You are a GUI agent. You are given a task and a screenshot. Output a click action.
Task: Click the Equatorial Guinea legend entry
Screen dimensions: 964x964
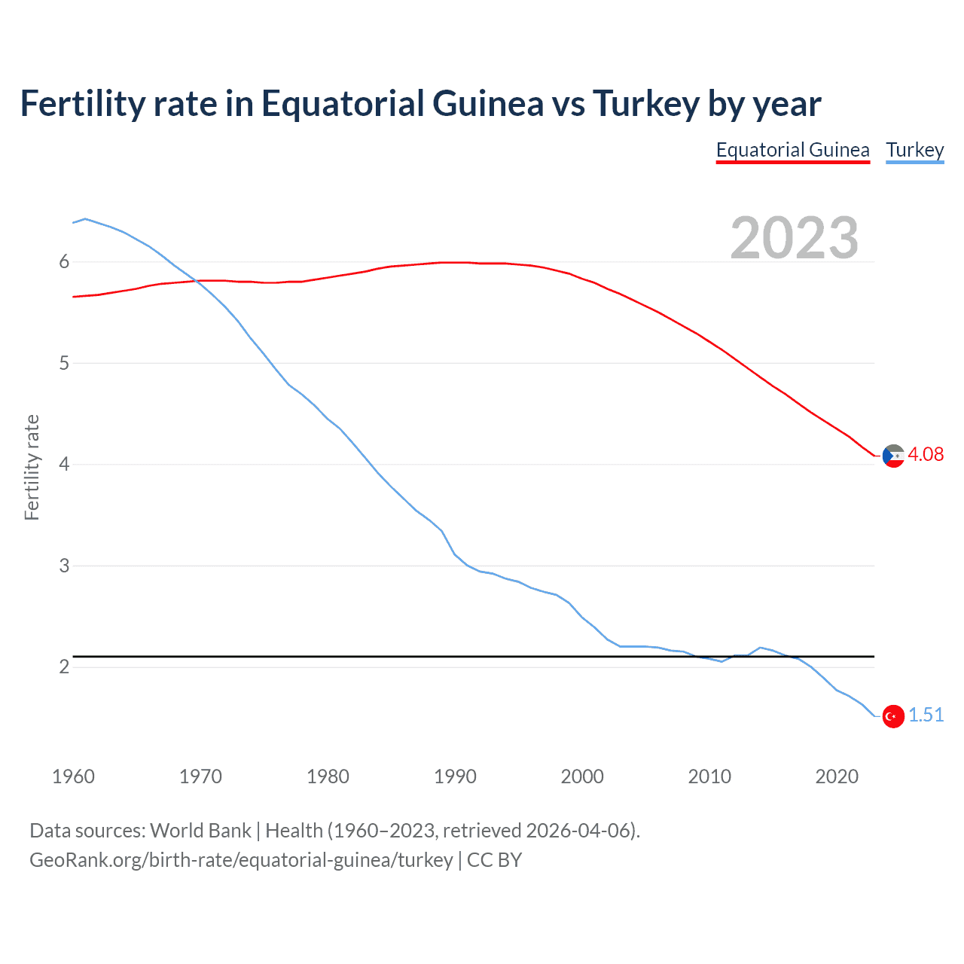pos(792,150)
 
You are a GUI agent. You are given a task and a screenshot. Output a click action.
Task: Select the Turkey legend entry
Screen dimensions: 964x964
pos(914,150)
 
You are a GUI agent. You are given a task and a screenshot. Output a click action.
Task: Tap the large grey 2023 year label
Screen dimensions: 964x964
pos(794,238)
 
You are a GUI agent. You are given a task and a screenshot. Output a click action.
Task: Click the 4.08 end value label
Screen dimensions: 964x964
pos(925,454)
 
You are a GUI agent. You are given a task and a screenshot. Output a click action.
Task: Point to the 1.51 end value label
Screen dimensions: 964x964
pos(926,715)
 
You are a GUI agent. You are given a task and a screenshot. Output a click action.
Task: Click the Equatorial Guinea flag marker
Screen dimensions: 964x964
pos(893,456)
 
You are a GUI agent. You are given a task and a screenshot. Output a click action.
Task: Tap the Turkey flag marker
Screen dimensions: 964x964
pos(893,716)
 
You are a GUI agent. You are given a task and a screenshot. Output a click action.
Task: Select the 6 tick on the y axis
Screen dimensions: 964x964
pos(64,261)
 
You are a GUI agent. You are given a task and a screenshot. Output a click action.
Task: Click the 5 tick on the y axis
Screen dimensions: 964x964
pos(64,363)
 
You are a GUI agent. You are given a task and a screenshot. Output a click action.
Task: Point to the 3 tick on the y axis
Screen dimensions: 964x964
pos(64,566)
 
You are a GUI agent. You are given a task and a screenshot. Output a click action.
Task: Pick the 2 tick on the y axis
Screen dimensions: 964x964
pos(64,667)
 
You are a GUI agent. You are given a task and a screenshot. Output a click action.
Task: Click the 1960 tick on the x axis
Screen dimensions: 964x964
pos(73,776)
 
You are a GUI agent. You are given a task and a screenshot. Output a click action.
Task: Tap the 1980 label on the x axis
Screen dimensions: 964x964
pos(328,776)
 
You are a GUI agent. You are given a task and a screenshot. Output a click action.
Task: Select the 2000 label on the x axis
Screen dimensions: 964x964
pos(582,776)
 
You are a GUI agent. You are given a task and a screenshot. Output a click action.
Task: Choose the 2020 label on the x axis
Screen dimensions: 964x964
pos(837,776)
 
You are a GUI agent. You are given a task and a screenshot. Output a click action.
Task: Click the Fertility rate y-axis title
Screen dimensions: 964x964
pos(32,467)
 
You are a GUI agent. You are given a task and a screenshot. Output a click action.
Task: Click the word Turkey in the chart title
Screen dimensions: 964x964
pos(646,103)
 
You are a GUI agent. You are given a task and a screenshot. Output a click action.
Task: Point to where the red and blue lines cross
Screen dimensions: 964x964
pos(196,281)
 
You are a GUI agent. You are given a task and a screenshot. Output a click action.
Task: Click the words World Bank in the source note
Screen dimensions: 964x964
pos(200,831)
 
